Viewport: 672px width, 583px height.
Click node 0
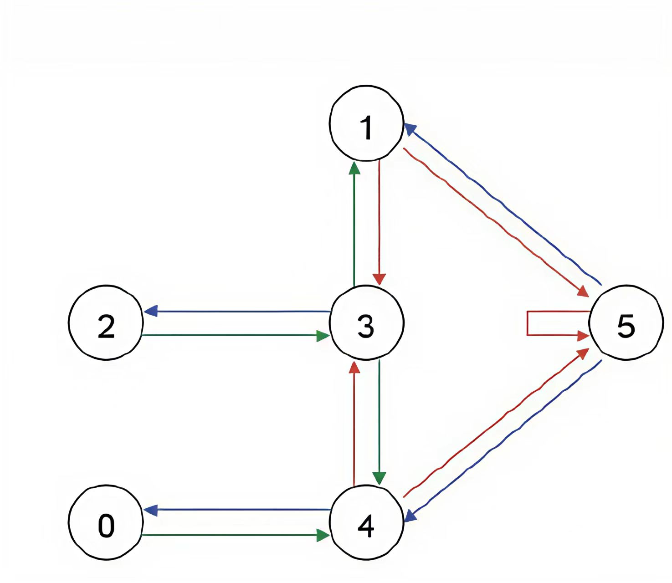click(x=106, y=522)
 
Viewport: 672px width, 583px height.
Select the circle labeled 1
click(x=366, y=123)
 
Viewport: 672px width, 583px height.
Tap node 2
click(x=106, y=323)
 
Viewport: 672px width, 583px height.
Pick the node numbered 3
click(x=366, y=323)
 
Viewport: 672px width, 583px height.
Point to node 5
click(x=626, y=323)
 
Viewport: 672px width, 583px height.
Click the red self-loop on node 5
click(x=528, y=323)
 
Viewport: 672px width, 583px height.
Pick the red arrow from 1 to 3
click(x=380, y=219)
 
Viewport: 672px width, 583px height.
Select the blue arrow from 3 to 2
click(x=237, y=312)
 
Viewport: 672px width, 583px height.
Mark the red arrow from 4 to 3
click(x=354, y=424)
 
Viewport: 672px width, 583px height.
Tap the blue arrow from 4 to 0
click(x=237, y=510)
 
